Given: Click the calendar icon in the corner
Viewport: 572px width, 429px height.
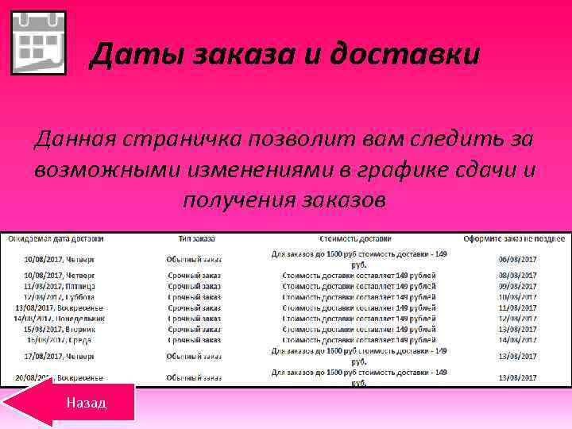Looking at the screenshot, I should (x=37, y=43).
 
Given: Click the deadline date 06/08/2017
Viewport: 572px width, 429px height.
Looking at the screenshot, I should (x=517, y=259).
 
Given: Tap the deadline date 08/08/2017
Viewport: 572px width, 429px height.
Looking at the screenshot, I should (x=517, y=275).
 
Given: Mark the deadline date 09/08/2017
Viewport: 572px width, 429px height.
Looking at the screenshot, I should (x=517, y=286).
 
